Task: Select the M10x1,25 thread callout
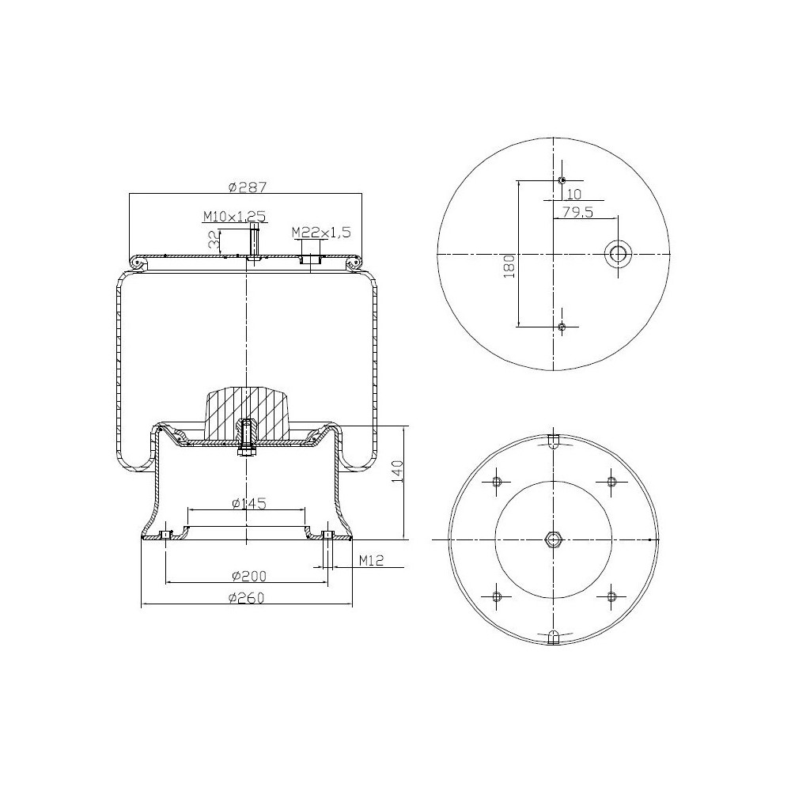click(233, 215)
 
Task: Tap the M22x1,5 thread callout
click(320, 232)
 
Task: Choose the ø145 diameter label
click(248, 503)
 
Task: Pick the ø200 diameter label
click(248, 575)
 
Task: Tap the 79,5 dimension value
click(577, 211)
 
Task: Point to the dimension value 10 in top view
click(574, 193)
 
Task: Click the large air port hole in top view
click(617, 254)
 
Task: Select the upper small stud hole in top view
click(562, 180)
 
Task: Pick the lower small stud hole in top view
click(562, 327)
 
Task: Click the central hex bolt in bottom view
click(553, 539)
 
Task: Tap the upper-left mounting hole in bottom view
click(497, 482)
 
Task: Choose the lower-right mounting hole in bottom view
click(611, 596)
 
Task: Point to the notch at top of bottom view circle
click(554, 441)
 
